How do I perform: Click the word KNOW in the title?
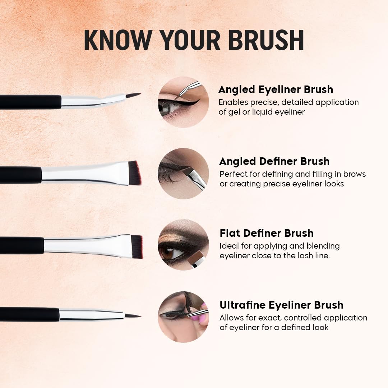point(118,40)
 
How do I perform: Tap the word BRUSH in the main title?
point(266,40)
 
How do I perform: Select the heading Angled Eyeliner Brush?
point(276,89)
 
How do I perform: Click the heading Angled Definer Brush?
point(274,161)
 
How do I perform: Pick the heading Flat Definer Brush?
point(267,233)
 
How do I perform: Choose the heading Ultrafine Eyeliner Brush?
point(281,305)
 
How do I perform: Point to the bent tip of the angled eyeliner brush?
point(140,94)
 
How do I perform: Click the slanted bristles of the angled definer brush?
point(135,173)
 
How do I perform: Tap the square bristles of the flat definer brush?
point(137,247)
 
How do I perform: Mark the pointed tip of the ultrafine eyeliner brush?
point(140,316)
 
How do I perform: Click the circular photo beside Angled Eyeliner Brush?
point(183,102)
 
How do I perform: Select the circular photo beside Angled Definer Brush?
point(183,174)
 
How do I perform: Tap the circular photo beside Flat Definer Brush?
point(183,245)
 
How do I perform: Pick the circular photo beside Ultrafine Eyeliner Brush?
point(183,317)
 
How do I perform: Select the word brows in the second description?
point(354,174)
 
